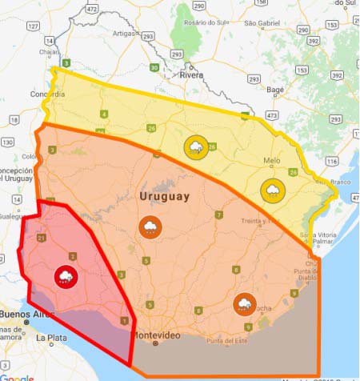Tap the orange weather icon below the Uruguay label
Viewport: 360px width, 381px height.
click(150, 227)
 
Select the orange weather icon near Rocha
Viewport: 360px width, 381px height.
click(244, 304)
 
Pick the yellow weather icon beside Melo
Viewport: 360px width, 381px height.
click(272, 190)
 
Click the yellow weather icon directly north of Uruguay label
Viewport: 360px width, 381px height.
click(194, 146)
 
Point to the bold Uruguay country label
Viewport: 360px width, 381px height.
click(164, 196)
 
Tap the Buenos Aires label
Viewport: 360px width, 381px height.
click(24, 315)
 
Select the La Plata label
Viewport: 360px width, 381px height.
click(50, 339)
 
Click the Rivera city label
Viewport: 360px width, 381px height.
click(191, 75)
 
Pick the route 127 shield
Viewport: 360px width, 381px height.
click(34, 26)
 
